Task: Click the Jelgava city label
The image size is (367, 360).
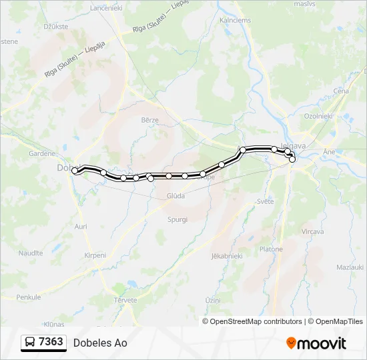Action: coord(294,146)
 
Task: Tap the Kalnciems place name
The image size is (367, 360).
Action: coord(235,20)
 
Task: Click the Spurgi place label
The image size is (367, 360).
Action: coord(177,219)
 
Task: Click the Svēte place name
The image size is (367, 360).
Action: coord(265,201)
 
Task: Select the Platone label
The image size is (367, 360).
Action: coord(271,249)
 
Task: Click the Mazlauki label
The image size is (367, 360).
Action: coord(350,267)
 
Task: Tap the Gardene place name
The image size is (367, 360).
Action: coord(41,153)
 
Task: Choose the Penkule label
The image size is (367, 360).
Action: coord(29,297)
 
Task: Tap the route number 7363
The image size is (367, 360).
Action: coord(51,343)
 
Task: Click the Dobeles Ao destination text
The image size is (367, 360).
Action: coord(100,343)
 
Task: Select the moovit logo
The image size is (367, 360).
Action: coord(316,343)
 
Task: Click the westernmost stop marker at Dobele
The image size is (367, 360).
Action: coord(75,171)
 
